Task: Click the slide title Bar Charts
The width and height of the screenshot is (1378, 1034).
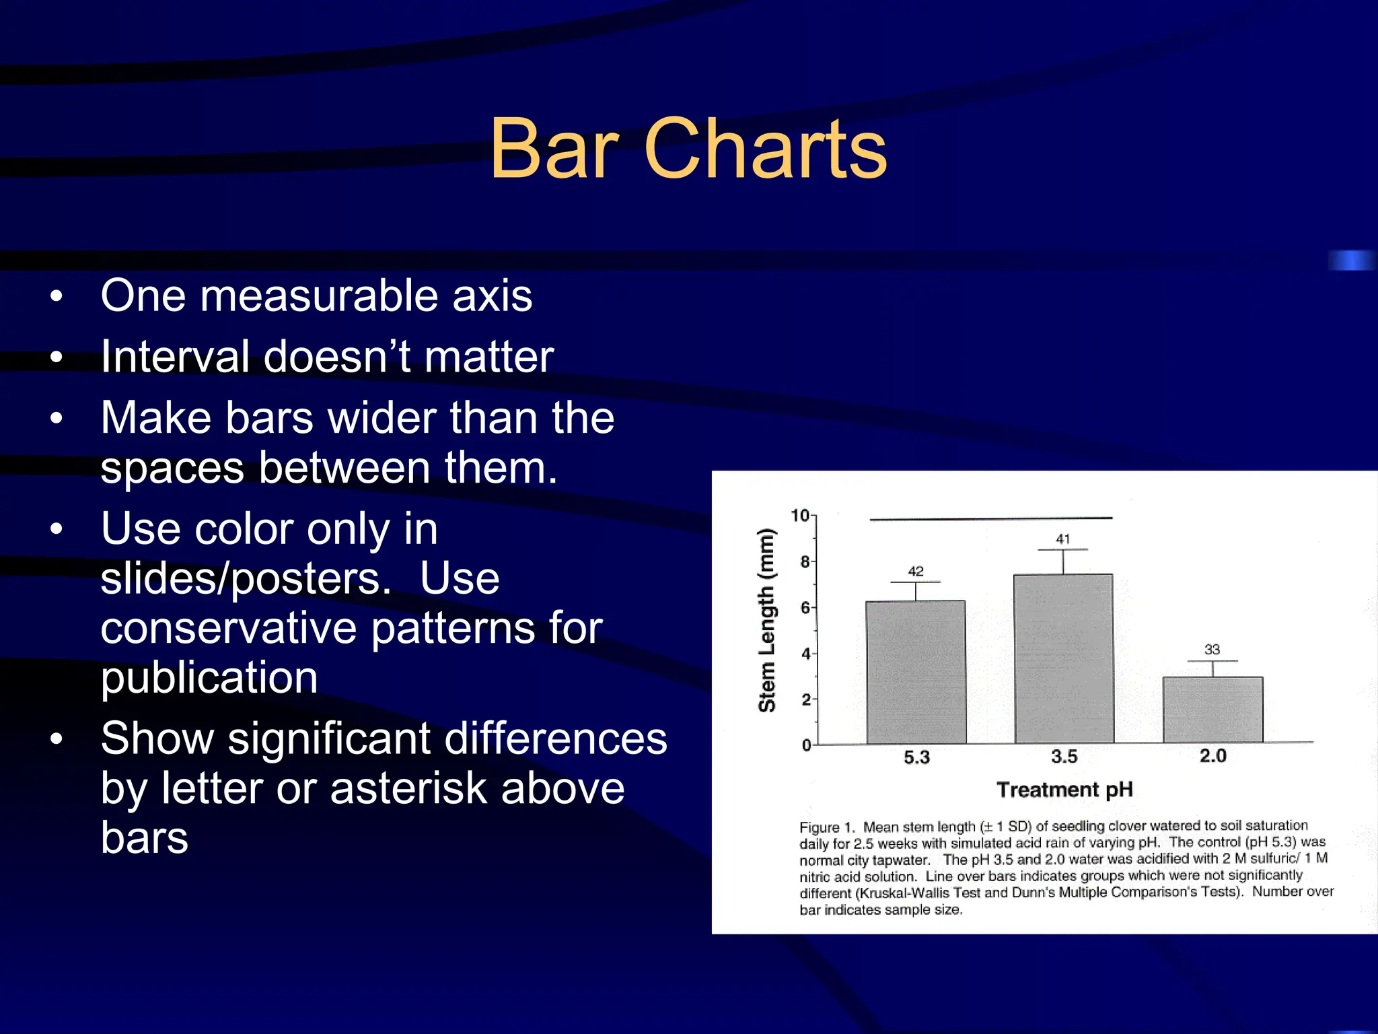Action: (688, 149)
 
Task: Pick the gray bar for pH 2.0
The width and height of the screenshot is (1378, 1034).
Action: (1212, 710)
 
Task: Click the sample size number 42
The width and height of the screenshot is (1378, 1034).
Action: (916, 572)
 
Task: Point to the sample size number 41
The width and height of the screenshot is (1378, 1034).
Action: (1063, 539)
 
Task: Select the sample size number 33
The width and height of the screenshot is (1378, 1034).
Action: (1212, 650)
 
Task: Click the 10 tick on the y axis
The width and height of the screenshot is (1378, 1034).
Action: (800, 516)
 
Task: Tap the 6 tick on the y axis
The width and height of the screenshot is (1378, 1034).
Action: (805, 608)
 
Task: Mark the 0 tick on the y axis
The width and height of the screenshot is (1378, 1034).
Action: (806, 745)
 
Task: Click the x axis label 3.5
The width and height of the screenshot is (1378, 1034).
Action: (1064, 757)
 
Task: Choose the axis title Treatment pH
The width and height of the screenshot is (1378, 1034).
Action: (1064, 790)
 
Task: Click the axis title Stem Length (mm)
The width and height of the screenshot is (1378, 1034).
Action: (767, 620)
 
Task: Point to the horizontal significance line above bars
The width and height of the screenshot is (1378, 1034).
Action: (990, 519)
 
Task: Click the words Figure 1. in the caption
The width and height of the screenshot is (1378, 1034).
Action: (826, 827)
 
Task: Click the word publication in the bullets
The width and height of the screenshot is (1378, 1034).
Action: (209, 677)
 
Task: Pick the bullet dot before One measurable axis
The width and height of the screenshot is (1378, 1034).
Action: (57, 296)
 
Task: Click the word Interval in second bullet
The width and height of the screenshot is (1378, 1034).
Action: (176, 357)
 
